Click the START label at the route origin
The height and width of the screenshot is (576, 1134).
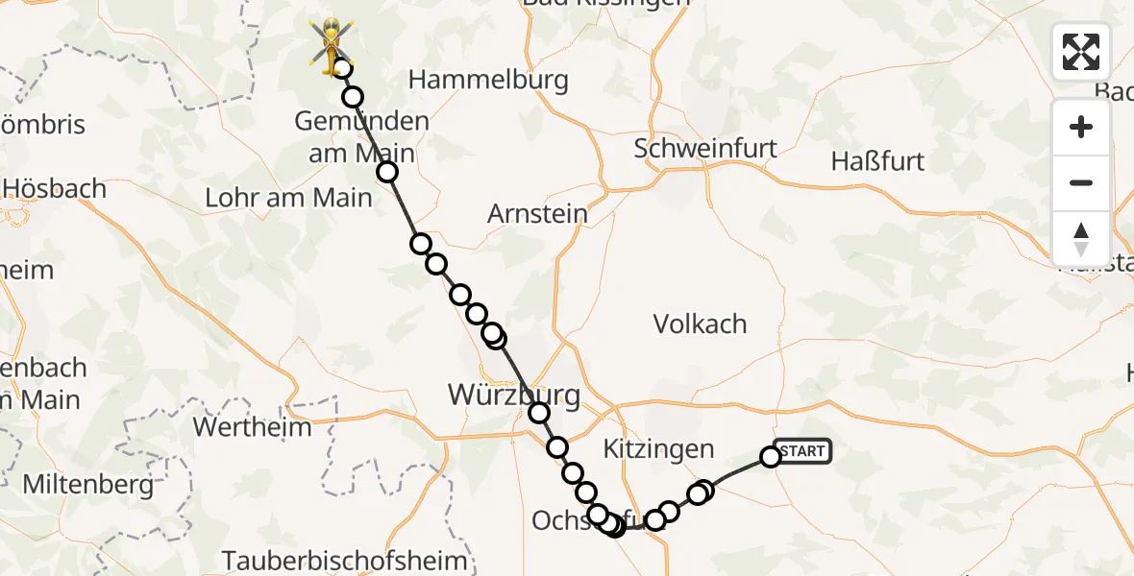coord(802,451)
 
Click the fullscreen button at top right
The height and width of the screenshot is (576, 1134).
coord(1081,52)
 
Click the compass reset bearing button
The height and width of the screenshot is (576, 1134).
coord(1081,239)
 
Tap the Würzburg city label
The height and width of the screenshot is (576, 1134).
coord(514,395)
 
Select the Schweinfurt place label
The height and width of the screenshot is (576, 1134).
coord(705,148)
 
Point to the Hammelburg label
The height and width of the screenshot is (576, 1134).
coord(488,80)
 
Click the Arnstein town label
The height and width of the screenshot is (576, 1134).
coord(537,213)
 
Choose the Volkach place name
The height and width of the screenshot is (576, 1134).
coord(700,324)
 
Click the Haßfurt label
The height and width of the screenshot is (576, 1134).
coord(877,160)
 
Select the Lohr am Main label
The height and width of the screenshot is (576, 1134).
coord(288,198)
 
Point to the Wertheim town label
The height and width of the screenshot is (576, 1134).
coord(253,426)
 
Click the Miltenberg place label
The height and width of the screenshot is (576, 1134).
coord(87,485)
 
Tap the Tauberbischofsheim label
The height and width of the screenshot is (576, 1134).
coord(344,561)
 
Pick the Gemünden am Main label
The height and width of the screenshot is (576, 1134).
coord(361,137)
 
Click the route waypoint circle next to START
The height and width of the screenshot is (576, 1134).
coord(771,457)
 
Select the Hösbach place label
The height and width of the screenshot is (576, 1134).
coord(54,188)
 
